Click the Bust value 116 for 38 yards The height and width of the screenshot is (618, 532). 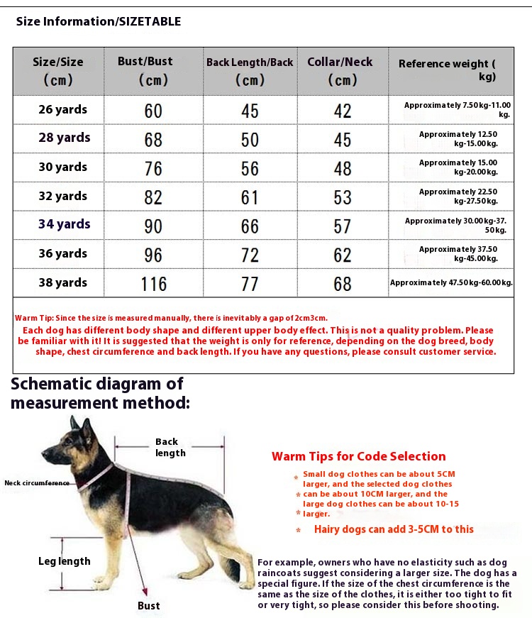pyautogui.click(x=153, y=284)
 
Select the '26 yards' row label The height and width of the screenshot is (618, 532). pyautogui.click(x=62, y=109)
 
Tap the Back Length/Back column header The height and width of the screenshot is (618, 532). pyautogui.click(x=250, y=71)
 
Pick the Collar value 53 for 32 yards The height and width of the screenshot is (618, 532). pyautogui.click(x=343, y=197)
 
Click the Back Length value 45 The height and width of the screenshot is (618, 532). pyautogui.click(x=250, y=111)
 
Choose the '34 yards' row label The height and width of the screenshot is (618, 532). pyautogui.click(x=64, y=224)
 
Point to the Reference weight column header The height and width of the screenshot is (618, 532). pyautogui.click(x=447, y=70)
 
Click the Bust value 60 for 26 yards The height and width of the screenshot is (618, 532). pyautogui.click(x=153, y=111)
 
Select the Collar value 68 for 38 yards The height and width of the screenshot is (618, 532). pyautogui.click(x=343, y=284)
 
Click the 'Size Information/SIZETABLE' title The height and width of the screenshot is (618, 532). pyautogui.click(x=99, y=21)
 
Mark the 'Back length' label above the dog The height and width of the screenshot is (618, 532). pyautogui.click(x=170, y=447)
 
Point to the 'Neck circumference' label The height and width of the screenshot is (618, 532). pyautogui.click(x=37, y=482)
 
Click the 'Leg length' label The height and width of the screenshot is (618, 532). pyautogui.click(x=65, y=561)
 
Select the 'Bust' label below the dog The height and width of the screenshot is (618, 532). pyautogui.click(x=149, y=605)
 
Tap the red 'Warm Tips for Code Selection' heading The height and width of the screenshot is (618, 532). pyautogui.click(x=358, y=456)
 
